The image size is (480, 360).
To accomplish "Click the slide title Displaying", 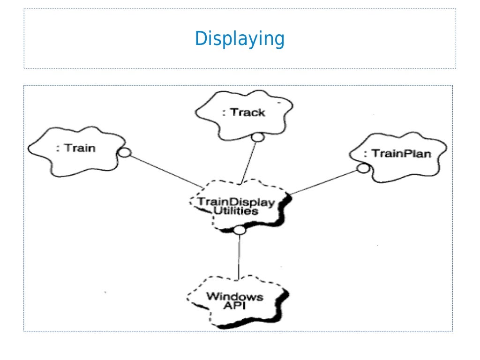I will [240, 39].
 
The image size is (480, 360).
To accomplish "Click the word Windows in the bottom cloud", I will [234, 296].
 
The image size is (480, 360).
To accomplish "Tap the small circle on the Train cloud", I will [124, 152].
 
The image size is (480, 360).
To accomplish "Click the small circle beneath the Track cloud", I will [256, 137].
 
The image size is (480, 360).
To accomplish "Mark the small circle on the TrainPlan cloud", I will [362, 168].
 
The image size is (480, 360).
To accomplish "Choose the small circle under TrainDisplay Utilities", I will [239, 230].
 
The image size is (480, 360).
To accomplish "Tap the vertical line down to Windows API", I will [239, 258].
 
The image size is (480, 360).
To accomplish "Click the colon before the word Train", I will [58, 149].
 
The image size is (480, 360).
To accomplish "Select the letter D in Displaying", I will [200, 38].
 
